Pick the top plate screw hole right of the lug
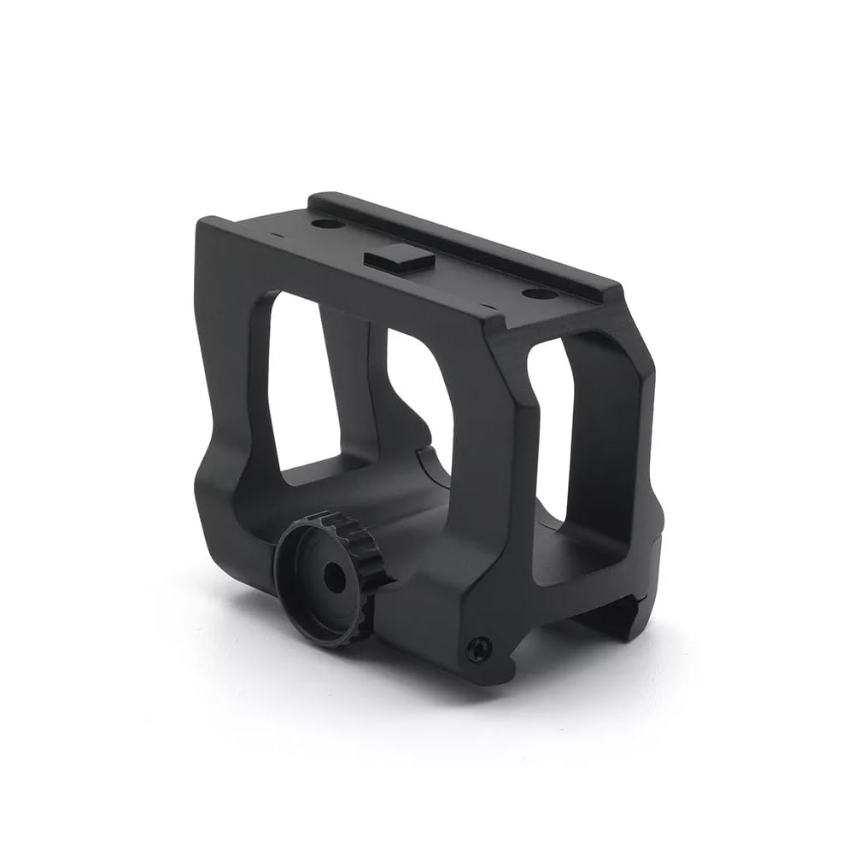(x=534, y=294)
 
